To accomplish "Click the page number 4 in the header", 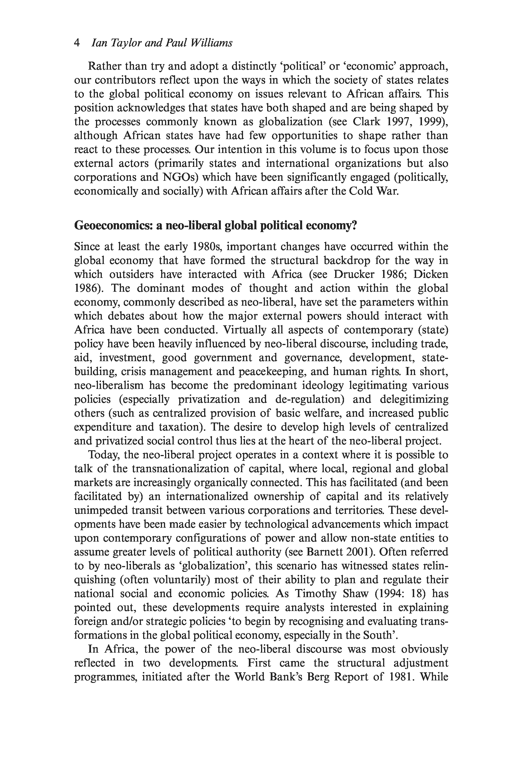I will [77, 43].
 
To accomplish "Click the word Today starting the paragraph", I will [105, 455].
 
